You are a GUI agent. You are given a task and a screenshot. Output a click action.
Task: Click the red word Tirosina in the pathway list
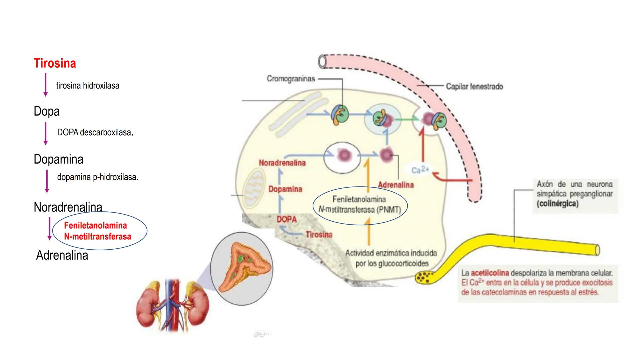pos(55,63)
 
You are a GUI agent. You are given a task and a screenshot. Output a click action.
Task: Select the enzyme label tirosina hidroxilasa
pos(87,86)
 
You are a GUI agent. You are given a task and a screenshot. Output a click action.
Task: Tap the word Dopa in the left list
pos(46,111)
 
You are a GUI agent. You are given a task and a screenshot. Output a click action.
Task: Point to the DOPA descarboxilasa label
pos(95,132)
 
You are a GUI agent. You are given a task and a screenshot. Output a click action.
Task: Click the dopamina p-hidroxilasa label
pos(97,177)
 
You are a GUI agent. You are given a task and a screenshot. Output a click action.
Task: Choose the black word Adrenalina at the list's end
pos(62,255)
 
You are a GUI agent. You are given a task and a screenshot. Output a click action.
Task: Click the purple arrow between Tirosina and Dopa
pos(46,85)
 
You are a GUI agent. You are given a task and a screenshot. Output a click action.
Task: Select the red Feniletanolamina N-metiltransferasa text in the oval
pos(97,231)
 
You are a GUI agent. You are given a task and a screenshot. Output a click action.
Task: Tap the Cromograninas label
pos(291,79)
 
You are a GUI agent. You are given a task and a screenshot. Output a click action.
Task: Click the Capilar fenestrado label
pos(474,86)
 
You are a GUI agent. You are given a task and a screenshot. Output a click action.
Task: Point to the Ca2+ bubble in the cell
pos(420,170)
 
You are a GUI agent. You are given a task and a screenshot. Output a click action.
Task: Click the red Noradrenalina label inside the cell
pos(282,163)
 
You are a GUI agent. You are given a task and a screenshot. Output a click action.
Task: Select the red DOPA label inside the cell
pos(286,219)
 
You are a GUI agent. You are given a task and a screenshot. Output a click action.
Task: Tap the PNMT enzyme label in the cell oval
pos(359,204)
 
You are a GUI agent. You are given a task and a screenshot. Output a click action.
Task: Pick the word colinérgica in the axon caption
pos(557,204)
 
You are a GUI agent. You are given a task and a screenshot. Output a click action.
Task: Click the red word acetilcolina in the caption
pos(490,273)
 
